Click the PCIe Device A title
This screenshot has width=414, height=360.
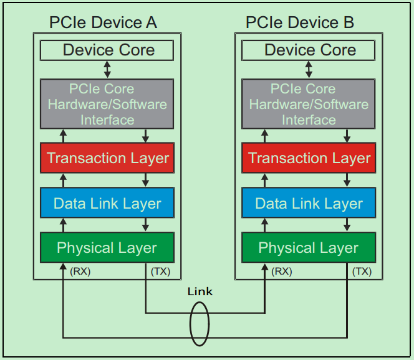click(x=103, y=23)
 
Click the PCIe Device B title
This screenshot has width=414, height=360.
click(x=300, y=23)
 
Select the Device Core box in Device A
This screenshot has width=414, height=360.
click(x=107, y=50)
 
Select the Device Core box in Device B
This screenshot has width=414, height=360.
click(x=310, y=50)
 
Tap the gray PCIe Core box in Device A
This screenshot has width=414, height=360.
click(x=107, y=104)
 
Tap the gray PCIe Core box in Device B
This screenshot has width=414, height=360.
click(x=309, y=104)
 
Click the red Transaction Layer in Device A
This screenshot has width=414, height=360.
click(x=107, y=158)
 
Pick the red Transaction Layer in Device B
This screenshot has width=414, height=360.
click(x=309, y=158)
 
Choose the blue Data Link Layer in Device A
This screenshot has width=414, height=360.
click(x=107, y=203)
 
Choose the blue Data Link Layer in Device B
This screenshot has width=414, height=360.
click(x=309, y=203)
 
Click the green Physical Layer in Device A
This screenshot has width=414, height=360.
click(x=107, y=248)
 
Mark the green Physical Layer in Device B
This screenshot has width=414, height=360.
click(x=309, y=248)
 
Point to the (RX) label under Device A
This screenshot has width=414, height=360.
click(x=79, y=271)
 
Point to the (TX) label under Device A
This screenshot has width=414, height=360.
click(x=160, y=271)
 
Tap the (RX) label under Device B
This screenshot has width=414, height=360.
click(x=282, y=271)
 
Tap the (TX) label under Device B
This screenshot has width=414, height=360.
click(x=362, y=271)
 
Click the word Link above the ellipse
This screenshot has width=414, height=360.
click(x=200, y=291)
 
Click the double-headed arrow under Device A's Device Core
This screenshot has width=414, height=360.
click(x=107, y=69)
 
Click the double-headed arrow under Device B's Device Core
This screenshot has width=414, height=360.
click(x=309, y=69)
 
